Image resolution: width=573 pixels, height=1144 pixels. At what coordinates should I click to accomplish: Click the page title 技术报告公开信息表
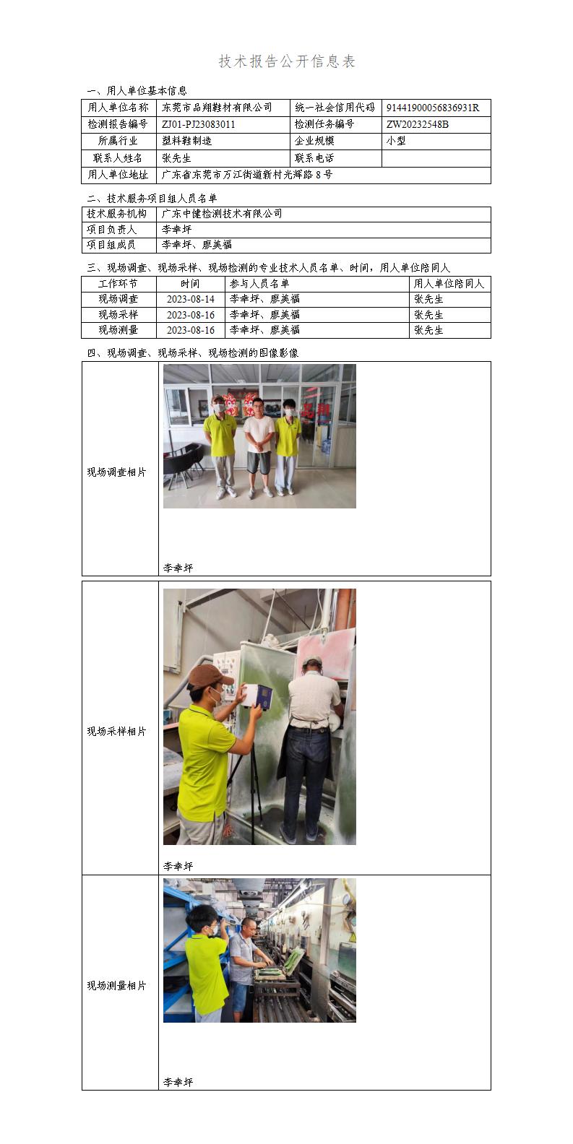click(287, 62)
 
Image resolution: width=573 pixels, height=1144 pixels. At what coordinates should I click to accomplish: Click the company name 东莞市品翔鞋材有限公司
click(217, 108)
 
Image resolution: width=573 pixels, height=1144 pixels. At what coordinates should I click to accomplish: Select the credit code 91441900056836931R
click(433, 108)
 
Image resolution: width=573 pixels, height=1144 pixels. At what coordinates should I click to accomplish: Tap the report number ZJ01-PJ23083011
click(199, 124)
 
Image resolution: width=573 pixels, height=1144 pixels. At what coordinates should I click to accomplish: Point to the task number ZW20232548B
click(418, 124)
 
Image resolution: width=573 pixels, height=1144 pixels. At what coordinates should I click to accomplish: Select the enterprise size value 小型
click(397, 141)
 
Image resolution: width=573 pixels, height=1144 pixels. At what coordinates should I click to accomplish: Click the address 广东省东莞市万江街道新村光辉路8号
click(247, 175)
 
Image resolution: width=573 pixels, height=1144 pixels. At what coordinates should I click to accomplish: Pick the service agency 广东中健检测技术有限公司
click(222, 214)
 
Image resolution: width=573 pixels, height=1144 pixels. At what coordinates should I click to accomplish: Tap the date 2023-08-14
click(191, 299)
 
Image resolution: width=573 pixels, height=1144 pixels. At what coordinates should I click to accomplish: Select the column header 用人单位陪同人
click(449, 284)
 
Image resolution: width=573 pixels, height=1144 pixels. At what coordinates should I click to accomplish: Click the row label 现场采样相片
click(117, 732)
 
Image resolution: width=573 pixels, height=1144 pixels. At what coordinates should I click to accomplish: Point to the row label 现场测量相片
click(117, 986)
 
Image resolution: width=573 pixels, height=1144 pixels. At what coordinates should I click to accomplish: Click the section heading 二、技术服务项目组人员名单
click(152, 198)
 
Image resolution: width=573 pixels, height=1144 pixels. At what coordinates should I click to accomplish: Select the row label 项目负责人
click(112, 229)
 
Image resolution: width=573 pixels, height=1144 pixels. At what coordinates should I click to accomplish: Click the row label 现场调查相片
click(117, 472)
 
